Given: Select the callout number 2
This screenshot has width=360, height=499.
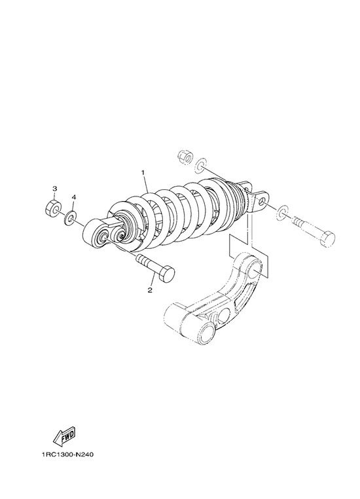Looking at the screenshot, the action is [x=150, y=290].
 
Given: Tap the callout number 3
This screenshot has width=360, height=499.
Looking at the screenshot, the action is [x=54, y=189].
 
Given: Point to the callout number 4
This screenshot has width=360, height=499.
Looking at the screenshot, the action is [x=73, y=197].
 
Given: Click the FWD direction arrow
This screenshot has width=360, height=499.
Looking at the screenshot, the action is [x=65, y=436].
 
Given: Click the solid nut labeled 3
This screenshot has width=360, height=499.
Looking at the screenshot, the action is [x=53, y=208].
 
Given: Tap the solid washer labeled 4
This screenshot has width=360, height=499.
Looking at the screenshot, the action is [x=70, y=217].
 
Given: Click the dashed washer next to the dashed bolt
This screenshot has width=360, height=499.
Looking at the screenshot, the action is [x=282, y=213].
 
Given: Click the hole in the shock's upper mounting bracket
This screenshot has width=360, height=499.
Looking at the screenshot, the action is [x=262, y=202].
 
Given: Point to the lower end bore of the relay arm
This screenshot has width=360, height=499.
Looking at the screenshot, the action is [x=205, y=333].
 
